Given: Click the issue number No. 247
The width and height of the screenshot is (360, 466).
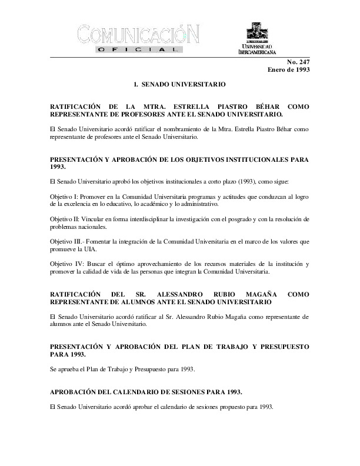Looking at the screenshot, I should click(x=298, y=62).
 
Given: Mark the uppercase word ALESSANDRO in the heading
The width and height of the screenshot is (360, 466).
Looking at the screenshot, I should click(x=185, y=293).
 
